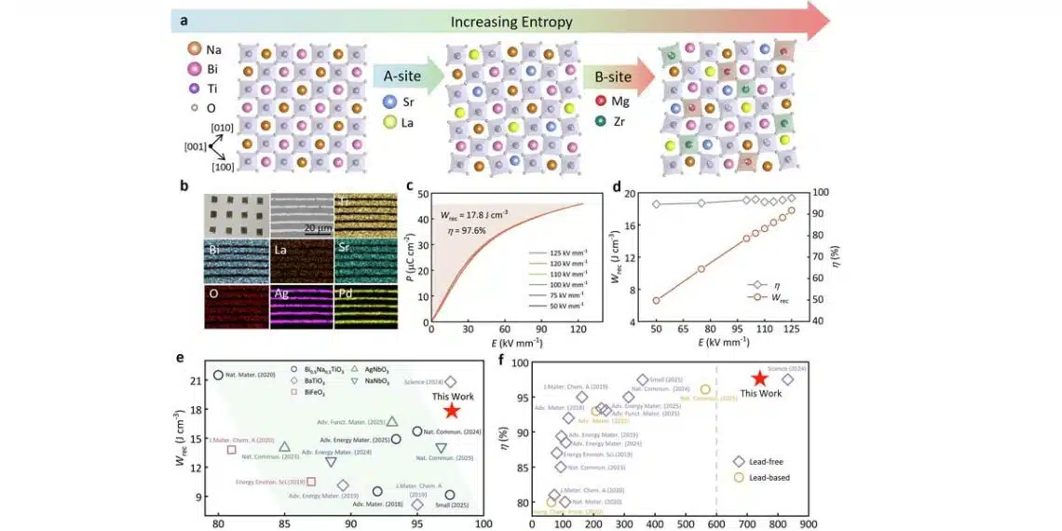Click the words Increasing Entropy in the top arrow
(x=508, y=20)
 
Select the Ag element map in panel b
(x=301, y=306)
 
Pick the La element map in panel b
(x=301, y=261)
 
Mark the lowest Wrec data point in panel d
(x=656, y=300)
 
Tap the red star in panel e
(x=452, y=411)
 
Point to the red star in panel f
(x=759, y=377)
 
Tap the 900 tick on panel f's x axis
(x=808, y=524)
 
